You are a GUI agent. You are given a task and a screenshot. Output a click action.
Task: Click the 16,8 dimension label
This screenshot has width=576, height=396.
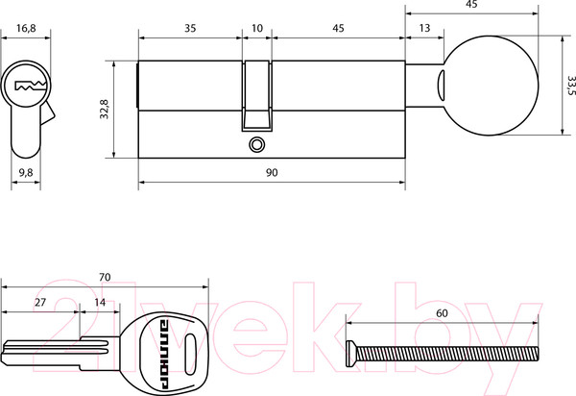tap(26, 28)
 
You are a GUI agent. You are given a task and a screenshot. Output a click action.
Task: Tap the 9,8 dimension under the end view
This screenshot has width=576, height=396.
tap(26, 172)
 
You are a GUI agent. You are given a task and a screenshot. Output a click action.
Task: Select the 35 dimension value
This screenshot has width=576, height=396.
tap(190, 28)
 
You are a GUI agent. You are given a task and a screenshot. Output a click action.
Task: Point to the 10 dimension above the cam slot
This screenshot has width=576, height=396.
tap(257, 28)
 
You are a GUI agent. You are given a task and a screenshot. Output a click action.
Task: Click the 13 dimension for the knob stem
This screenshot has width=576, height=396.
tap(424, 28)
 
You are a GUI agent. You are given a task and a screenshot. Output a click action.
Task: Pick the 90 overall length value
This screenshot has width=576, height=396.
tap(272, 172)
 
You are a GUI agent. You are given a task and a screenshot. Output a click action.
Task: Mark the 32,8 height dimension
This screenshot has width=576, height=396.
tap(105, 110)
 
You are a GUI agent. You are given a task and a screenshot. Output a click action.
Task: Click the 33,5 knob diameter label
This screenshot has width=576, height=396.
tap(571, 86)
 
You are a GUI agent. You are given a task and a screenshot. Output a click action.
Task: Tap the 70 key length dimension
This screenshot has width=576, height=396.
tap(105, 277)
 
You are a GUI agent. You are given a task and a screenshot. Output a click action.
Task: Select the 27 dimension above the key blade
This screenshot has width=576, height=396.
tap(40, 302)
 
